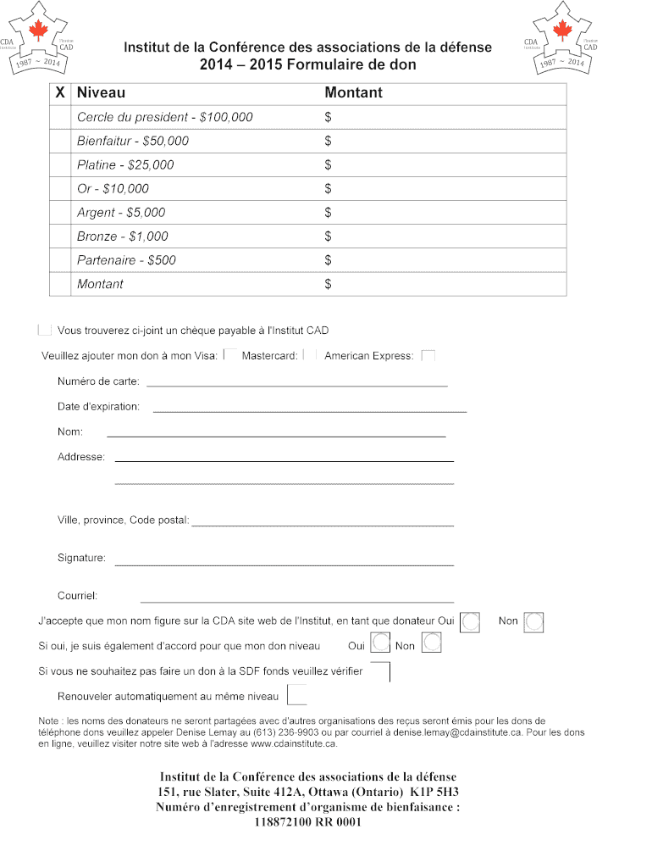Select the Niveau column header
coord(101,92)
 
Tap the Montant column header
coord(353,92)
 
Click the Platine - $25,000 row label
coord(125,164)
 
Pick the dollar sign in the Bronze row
coord(329,236)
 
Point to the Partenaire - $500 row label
coord(126,259)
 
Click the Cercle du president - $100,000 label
coord(164,117)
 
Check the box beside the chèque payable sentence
coord(45,330)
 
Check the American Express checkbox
coord(428,356)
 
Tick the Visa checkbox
coord(229,356)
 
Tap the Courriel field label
coord(77,596)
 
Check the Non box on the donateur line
coord(533,622)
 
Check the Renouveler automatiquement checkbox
coord(297,695)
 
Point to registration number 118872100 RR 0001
coord(308,821)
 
